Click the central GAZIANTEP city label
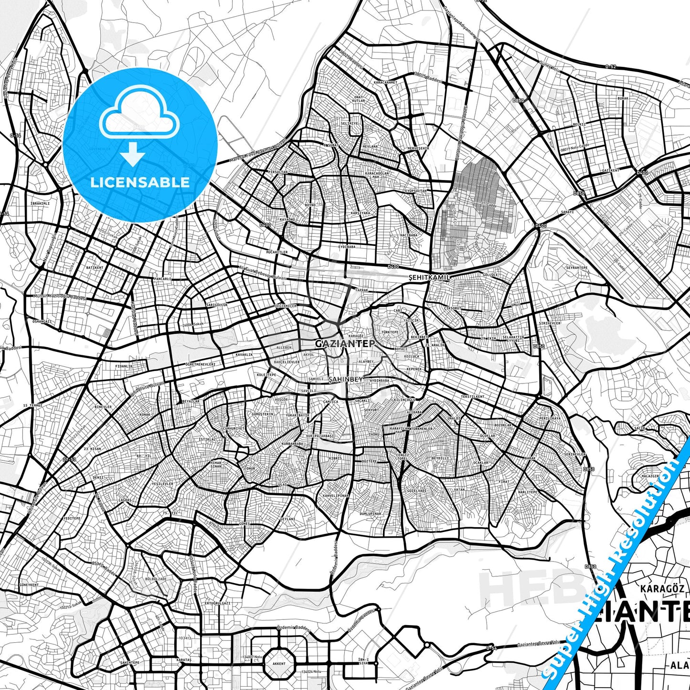(x=345, y=343)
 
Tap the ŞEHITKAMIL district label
(x=429, y=277)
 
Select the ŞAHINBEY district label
(x=346, y=379)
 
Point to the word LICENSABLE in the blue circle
(x=140, y=182)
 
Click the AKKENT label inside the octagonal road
(x=279, y=663)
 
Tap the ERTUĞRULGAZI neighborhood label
(x=217, y=603)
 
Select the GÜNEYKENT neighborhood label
(x=29, y=584)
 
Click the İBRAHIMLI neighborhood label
(x=40, y=203)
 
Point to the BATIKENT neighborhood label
(x=95, y=268)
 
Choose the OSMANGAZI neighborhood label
(x=42, y=321)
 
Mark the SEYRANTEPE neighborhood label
(x=577, y=268)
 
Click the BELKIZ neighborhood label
(x=579, y=124)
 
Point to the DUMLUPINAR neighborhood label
(x=370, y=514)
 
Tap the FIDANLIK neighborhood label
(x=124, y=366)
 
